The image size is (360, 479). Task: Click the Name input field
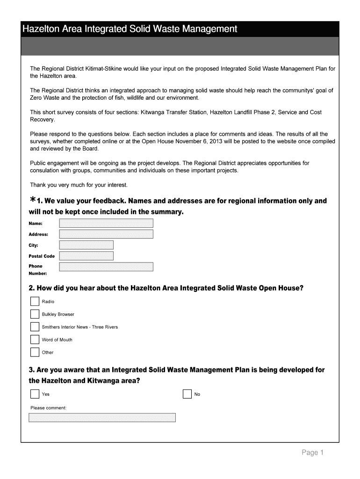coord(106,223)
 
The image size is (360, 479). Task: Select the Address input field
coord(106,234)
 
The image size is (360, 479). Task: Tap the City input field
coord(86,245)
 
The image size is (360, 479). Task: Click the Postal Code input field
coord(86,256)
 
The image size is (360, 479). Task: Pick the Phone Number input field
coord(106,267)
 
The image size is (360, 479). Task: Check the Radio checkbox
coord(35,301)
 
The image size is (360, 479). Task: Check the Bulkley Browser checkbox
coord(35,314)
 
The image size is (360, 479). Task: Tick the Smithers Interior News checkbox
coord(35,327)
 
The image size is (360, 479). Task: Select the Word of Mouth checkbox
coord(35,340)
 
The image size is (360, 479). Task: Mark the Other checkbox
coord(35,352)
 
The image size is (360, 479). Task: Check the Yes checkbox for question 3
coord(35,394)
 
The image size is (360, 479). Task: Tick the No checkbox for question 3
coord(187,394)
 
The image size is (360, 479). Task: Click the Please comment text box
coord(102,417)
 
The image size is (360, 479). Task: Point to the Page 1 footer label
coord(312,452)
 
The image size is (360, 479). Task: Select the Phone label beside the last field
coord(36,266)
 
